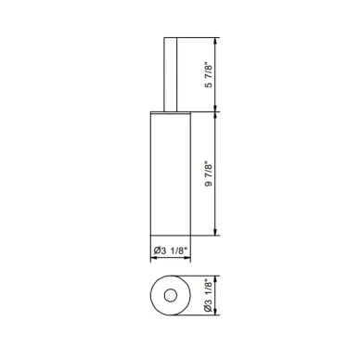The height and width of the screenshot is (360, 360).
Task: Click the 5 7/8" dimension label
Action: [x=210, y=75]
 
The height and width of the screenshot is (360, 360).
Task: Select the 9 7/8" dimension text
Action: [x=210, y=174]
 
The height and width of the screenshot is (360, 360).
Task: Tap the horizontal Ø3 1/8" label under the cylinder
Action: [x=171, y=251]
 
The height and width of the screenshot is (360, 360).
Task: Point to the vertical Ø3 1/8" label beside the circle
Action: [x=210, y=295]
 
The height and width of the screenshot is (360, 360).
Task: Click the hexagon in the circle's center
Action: [x=171, y=295]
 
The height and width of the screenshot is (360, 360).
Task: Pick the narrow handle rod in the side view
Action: [x=171, y=74]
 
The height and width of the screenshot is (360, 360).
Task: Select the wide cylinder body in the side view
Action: [x=171, y=174]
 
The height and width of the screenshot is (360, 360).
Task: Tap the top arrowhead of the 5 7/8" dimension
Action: [x=215, y=41]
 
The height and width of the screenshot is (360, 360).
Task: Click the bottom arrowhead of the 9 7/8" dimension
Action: [x=215, y=232]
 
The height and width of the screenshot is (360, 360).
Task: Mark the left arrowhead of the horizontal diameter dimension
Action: [x=153, y=258]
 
